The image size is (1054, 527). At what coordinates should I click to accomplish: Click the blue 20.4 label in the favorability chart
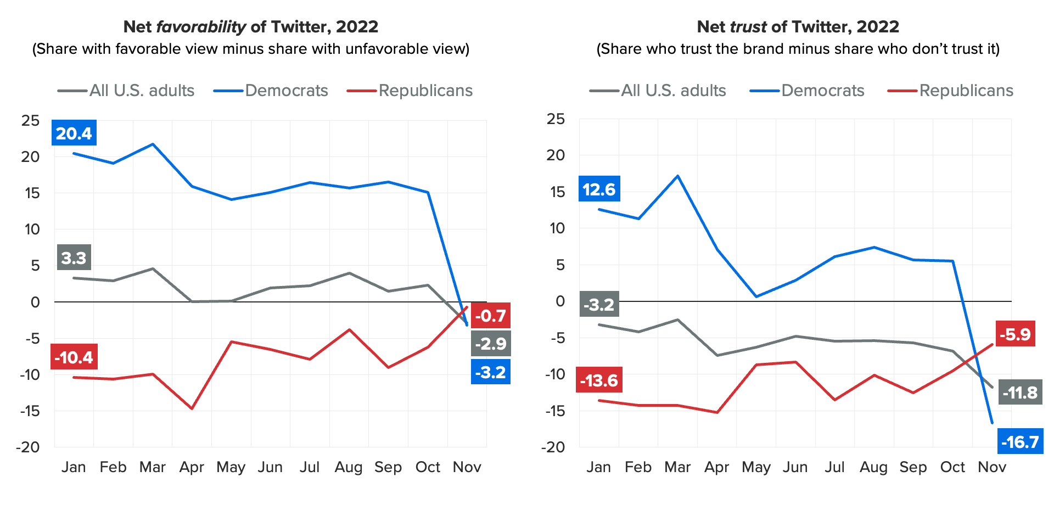point(74,133)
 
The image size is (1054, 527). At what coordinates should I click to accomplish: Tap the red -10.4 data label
point(74,357)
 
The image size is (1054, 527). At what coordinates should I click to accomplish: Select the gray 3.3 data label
point(74,257)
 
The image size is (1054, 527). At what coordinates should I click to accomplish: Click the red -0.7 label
point(490,316)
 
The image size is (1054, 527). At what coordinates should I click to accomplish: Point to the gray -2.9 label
point(490,344)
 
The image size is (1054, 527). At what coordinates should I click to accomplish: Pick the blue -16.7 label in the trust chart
point(1020,441)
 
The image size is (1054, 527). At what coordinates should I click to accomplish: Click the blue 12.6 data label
point(599,189)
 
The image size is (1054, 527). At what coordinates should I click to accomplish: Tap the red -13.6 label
point(599,380)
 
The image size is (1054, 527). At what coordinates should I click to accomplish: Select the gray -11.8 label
point(1020,393)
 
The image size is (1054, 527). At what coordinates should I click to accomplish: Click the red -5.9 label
point(1015,334)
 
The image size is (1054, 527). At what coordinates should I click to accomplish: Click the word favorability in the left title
point(201,26)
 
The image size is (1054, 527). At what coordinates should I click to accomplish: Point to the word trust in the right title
point(748,26)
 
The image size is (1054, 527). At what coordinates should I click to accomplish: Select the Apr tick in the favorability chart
point(192,467)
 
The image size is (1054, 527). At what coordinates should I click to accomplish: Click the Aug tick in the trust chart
point(873,467)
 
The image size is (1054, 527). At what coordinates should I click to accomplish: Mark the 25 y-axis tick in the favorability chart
point(31,120)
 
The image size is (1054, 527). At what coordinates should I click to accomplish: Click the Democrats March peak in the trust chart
point(678,176)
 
